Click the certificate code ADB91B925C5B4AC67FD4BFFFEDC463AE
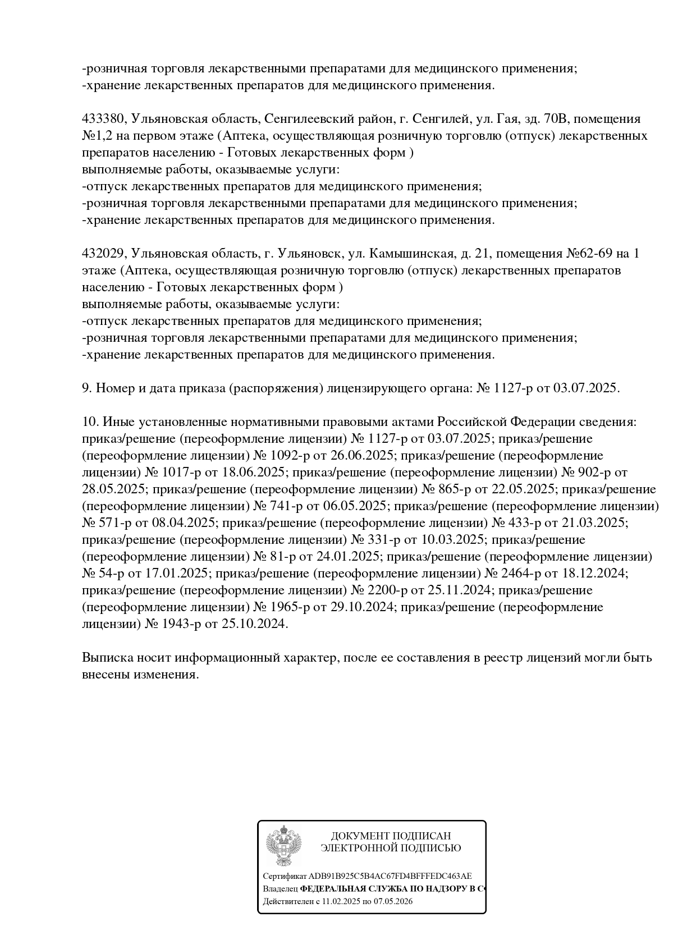pyautogui.click(x=390, y=876)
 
